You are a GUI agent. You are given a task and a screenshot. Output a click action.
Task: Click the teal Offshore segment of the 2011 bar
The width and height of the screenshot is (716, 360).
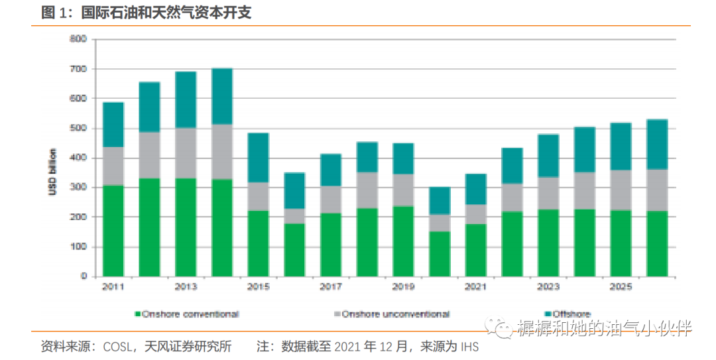point(113,125)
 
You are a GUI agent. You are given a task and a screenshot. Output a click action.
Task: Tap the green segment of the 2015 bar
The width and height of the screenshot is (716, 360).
point(258,243)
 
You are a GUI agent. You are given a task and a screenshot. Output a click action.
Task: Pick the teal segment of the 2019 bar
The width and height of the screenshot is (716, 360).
point(404,158)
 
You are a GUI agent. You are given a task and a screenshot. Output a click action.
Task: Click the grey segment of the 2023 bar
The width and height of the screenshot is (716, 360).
point(548,193)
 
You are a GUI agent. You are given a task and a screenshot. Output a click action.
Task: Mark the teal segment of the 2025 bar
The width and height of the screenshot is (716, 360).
point(621,147)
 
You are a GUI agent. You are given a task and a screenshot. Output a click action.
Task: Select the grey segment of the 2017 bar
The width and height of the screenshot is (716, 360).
point(331,200)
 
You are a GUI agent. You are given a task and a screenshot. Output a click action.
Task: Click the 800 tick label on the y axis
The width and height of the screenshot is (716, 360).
point(78,39)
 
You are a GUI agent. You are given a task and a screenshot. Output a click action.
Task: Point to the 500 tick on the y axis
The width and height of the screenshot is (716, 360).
point(78,128)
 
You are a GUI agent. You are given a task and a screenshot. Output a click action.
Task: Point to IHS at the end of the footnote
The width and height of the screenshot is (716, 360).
point(469,347)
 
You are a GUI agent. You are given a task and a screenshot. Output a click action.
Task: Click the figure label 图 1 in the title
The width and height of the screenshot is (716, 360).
point(56,12)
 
